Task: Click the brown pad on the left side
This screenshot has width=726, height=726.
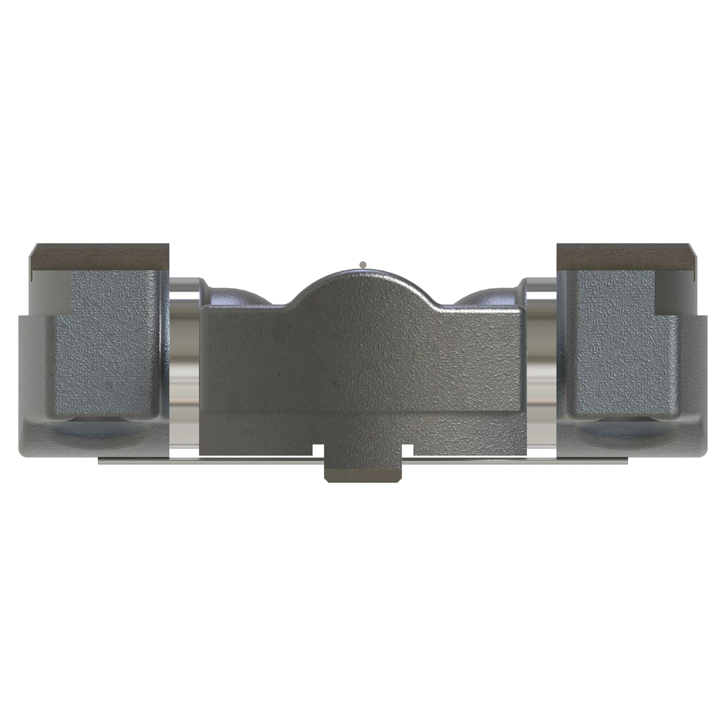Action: click(x=100, y=257)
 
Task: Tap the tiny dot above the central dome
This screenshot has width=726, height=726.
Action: click(x=362, y=264)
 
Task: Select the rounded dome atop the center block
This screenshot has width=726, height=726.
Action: click(x=362, y=287)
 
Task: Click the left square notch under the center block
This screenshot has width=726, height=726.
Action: click(x=318, y=450)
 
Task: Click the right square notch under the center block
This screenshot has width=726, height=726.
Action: click(x=408, y=450)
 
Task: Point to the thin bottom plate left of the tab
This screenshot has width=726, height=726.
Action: click(x=212, y=462)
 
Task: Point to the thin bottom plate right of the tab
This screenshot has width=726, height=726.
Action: click(x=514, y=462)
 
